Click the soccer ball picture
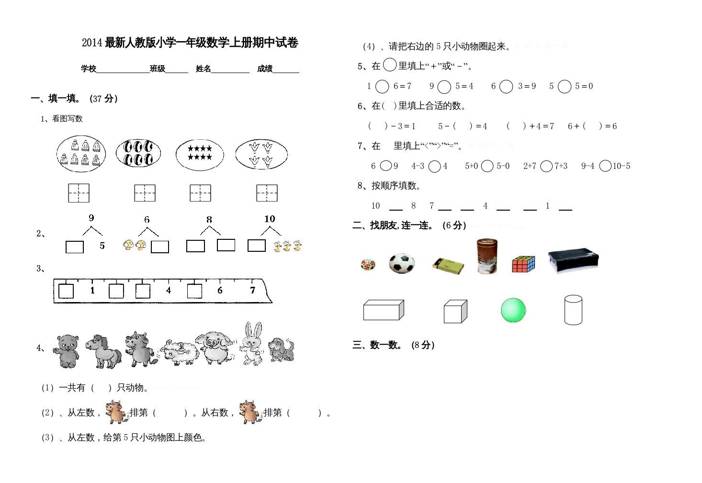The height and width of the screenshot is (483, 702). pos(402,263)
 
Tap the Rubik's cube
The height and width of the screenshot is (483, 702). pos(523,264)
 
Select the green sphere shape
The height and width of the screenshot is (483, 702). pos(513,310)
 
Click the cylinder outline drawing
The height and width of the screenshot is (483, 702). pos(573,310)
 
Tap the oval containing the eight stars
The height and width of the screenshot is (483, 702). pos(200,153)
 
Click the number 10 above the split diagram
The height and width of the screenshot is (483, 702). pos(270,219)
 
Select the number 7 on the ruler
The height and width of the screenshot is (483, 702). pos(252,290)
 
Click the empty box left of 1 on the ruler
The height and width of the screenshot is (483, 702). pos(66,291)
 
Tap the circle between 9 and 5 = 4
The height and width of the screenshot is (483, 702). pos(444,87)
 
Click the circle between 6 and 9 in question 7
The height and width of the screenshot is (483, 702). pos(386,166)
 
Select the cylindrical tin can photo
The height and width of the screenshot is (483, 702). pos(487,256)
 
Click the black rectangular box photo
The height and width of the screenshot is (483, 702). pos(573,260)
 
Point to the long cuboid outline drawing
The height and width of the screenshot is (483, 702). pos(384,310)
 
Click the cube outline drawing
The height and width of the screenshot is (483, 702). pos(455,312)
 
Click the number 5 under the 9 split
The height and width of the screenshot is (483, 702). pos(102,246)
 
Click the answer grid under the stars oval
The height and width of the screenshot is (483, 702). pos(200,193)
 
